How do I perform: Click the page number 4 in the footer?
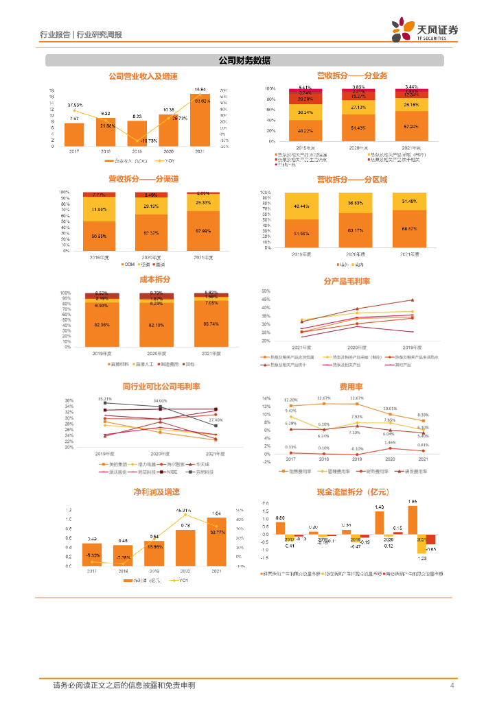point(452,686)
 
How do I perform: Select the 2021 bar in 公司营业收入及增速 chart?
point(201,121)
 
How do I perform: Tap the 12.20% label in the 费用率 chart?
point(290,400)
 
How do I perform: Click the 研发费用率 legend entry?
point(416,472)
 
